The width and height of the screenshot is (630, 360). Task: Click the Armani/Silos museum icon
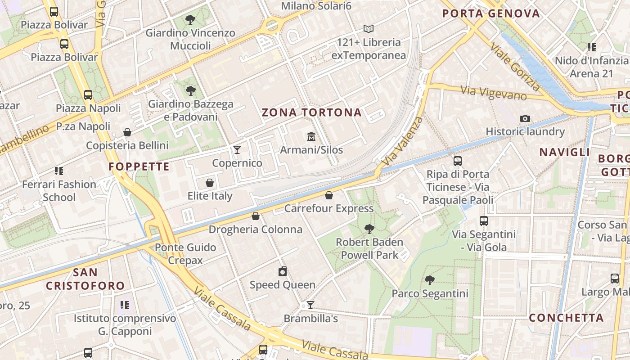pos(311,136)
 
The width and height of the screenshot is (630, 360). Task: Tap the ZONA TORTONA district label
pos(312,112)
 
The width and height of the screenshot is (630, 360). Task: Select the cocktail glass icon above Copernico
pos(237,149)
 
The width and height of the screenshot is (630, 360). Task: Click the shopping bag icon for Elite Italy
pos(210,183)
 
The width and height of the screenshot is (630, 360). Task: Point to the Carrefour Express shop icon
pos(329,195)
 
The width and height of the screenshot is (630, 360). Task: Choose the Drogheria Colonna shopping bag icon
pos(256,216)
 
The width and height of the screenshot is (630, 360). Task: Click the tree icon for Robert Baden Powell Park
pos(369,229)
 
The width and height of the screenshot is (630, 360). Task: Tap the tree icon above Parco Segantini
pos(430,280)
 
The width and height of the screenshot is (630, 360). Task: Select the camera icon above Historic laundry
pos(525,118)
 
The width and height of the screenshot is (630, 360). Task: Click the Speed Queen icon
pos(283,271)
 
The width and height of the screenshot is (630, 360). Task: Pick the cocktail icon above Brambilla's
pos(310,305)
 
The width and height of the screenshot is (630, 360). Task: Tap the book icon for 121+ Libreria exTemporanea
pos(369,29)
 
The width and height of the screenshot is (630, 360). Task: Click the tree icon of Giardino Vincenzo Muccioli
pos(190,20)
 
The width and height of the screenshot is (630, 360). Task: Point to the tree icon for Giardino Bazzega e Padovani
pos(191,91)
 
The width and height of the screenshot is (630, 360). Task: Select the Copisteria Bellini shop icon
pos(127,132)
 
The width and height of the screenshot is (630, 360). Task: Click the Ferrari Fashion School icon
pos(59,171)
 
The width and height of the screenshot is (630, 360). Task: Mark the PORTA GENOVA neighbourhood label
pos(490,13)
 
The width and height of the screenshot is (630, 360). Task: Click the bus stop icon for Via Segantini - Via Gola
pos(484,221)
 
